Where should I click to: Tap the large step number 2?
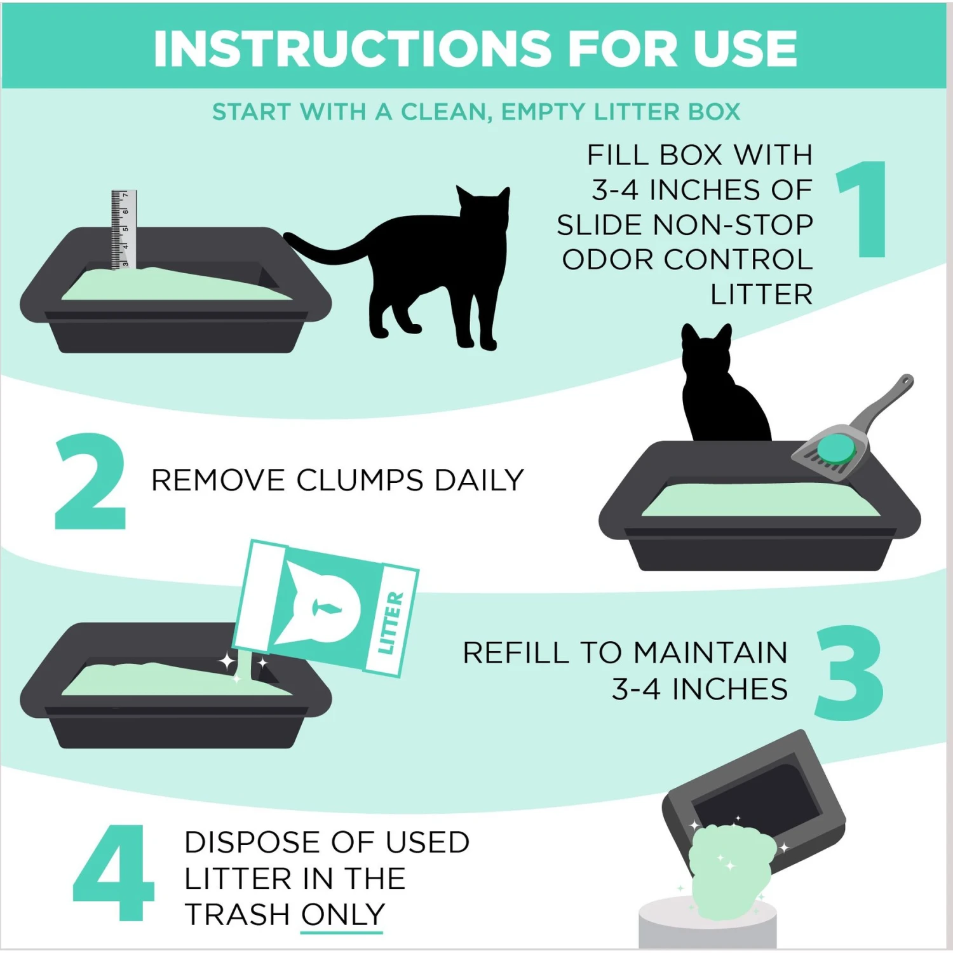pos(90,482)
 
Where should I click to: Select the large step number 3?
pos(849,673)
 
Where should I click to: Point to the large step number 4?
pos(114,873)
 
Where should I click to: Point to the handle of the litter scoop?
pos(886,400)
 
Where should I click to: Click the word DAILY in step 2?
pos(479,480)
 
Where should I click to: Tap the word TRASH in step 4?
pos(236,915)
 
